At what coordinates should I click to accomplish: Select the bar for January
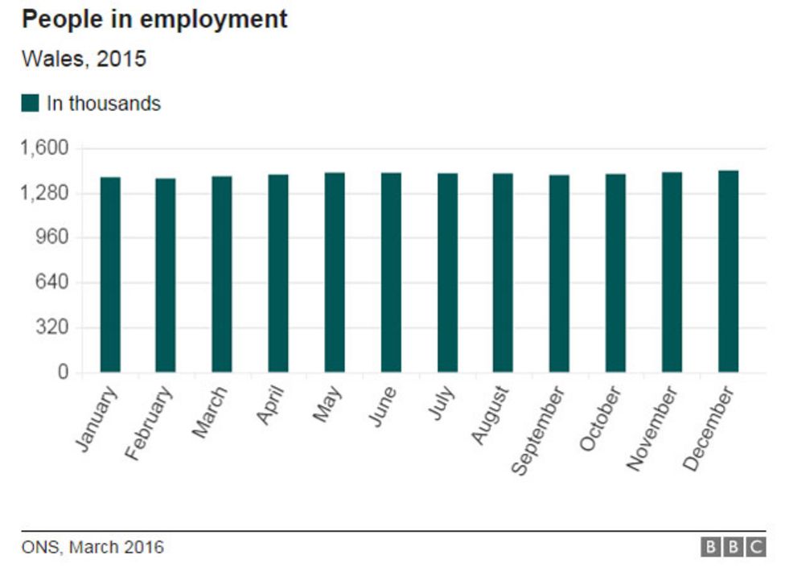110,274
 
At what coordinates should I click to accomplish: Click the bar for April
278,273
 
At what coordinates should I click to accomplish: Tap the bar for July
447,272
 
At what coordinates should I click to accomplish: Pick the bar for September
559,273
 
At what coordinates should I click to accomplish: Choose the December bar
728,271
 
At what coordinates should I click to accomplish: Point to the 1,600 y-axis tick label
45,149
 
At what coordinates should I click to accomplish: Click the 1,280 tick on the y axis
45,194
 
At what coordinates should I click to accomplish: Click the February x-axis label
150,423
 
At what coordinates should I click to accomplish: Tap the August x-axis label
490,415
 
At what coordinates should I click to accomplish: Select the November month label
652,428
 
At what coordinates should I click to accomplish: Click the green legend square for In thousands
31,104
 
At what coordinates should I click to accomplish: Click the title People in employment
154,20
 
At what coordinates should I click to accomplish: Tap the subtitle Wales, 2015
84,60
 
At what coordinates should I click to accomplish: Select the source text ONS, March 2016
92,548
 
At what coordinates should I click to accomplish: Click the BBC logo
733,548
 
